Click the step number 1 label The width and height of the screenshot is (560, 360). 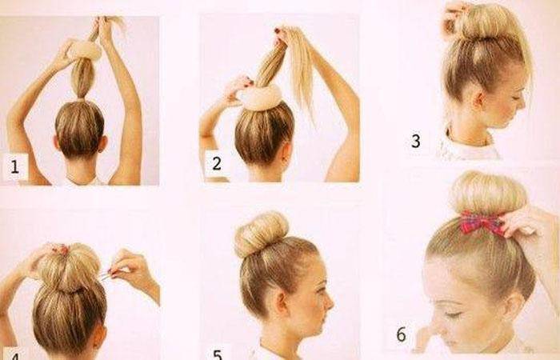point(14,166)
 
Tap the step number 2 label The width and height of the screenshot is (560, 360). point(217,163)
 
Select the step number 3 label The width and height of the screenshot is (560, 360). point(415,141)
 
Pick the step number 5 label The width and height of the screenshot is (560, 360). point(218,354)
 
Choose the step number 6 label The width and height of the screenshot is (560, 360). point(401,334)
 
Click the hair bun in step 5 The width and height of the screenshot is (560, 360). point(262,234)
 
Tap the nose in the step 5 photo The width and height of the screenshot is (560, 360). point(330,304)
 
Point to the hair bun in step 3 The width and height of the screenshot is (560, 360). point(484,22)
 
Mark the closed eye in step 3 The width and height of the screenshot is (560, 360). point(516,98)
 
